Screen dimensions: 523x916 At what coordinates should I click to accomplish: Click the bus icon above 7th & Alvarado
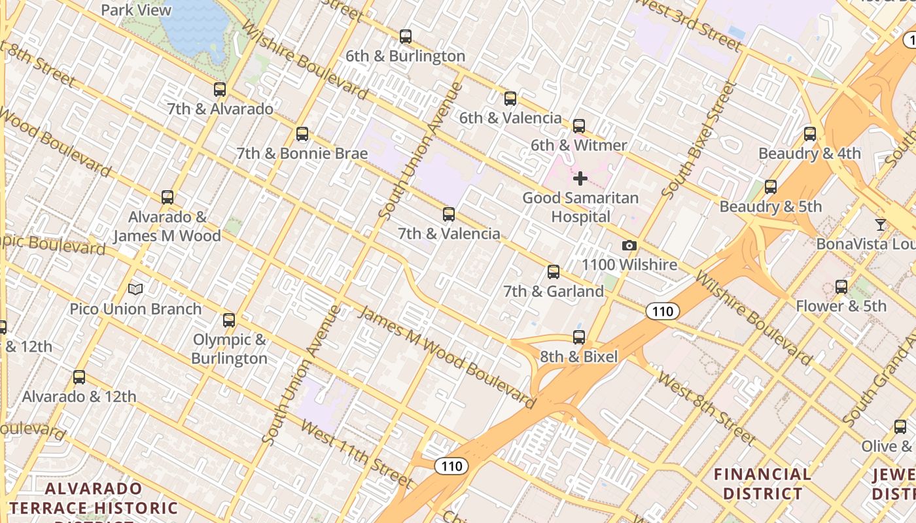click(x=220, y=90)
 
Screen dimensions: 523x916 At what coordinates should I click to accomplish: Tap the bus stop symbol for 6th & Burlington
click(x=406, y=37)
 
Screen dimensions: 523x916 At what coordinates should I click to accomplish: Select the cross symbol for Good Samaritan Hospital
click(x=580, y=178)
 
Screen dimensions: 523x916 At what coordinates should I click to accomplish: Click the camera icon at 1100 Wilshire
click(x=629, y=246)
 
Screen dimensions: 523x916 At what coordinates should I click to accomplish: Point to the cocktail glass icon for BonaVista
click(x=881, y=225)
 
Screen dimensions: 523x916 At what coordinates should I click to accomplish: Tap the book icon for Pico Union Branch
click(x=135, y=289)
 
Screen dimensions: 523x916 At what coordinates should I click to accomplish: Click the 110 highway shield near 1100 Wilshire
click(x=663, y=311)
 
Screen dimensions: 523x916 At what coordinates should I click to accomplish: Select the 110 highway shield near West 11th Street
click(x=451, y=466)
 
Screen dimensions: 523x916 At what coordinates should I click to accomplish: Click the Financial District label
click(x=762, y=484)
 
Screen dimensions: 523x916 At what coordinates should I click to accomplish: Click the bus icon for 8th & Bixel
click(x=579, y=337)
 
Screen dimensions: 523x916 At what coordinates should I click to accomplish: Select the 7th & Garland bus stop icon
click(x=554, y=271)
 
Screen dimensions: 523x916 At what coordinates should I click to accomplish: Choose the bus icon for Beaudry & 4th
click(x=810, y=134)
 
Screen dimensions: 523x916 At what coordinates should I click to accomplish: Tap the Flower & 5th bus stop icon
click(x=841, y=286)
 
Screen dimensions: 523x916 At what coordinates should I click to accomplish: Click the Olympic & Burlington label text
click(x=229, y=349)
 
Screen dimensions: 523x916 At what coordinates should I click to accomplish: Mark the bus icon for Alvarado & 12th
click(x=79, y=377)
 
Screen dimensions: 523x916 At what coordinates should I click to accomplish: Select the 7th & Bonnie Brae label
click(x=302, y=154)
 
